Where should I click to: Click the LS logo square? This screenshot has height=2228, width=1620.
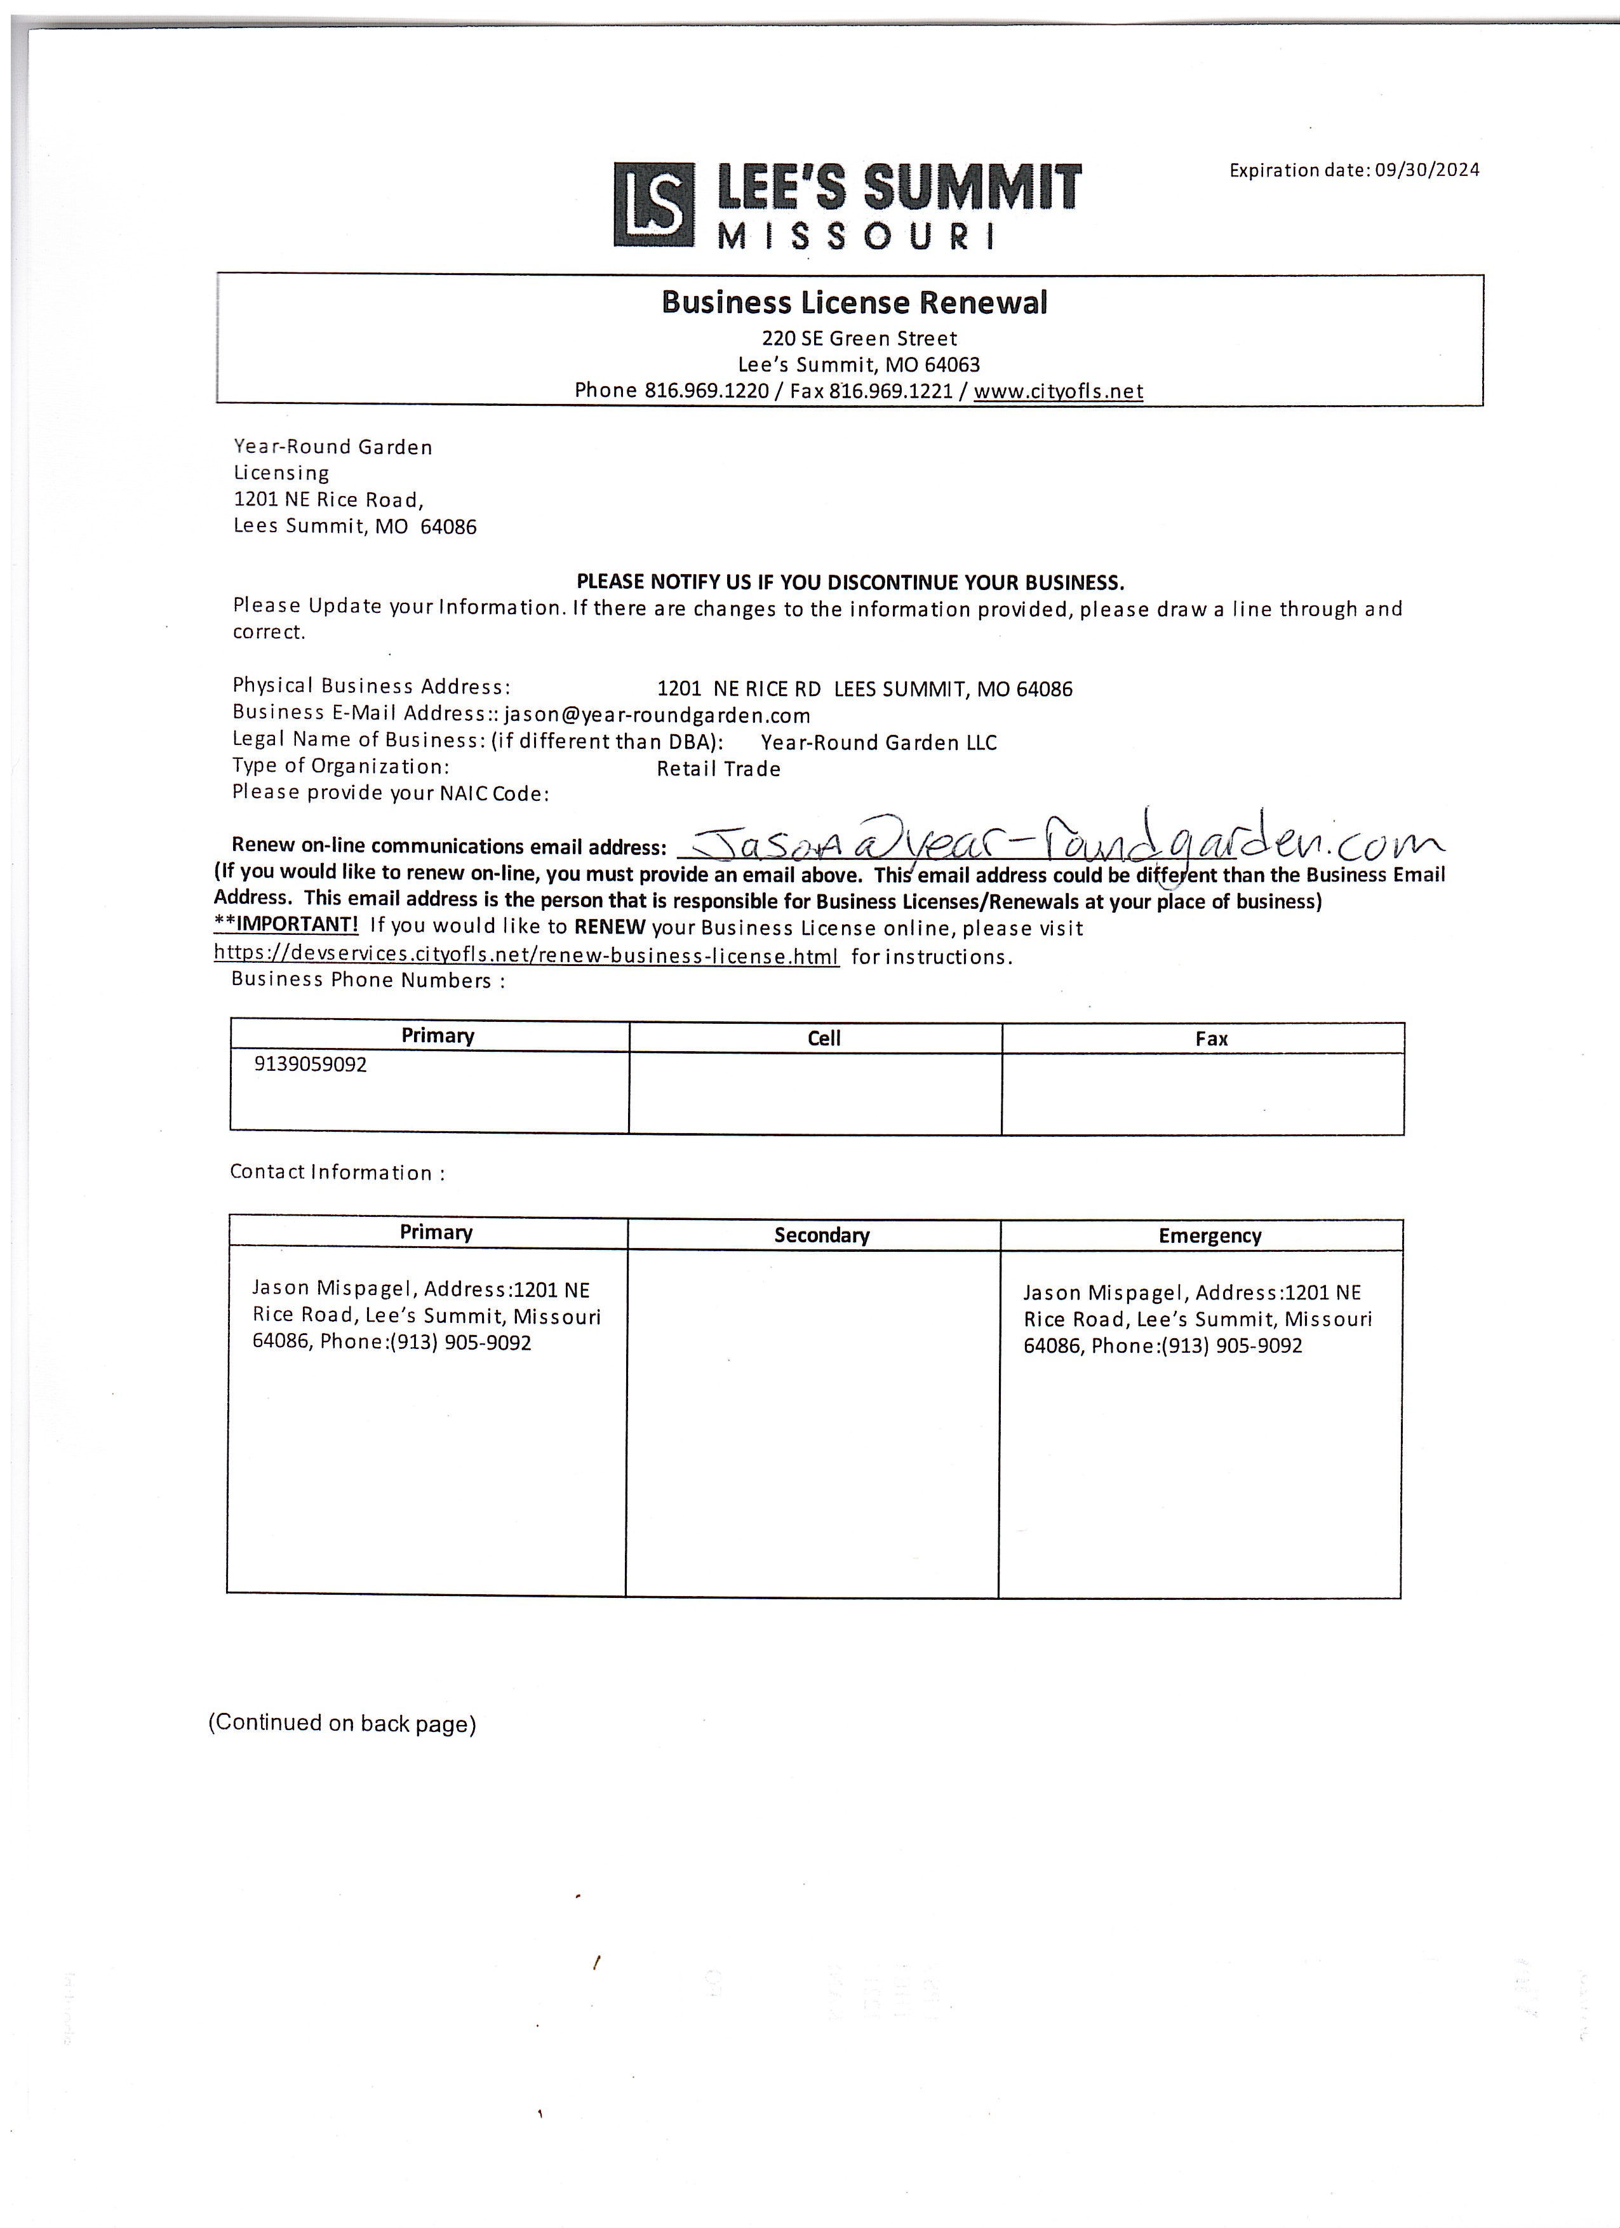tap(652, 205)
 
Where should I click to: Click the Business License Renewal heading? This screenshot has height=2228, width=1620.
tap(854, 302)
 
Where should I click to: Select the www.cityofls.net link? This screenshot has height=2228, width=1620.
tap(1058, 391)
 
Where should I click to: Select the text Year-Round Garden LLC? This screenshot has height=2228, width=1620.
tap(878, 742)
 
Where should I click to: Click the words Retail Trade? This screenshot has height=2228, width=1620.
tap(718, 769)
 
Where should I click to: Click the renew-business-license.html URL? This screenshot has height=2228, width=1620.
tap(526, 955)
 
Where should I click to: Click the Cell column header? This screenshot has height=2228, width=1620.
tap(823, 1038)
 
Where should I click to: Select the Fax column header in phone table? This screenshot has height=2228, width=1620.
tap(1210, 1038)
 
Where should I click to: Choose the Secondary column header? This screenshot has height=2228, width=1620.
tap(821, 1235)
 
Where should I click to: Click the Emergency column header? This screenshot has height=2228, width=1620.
tap(1209, 1236)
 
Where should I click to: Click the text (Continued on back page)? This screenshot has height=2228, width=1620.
tap(342, 1723)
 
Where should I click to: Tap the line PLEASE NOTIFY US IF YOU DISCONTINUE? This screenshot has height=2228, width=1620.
tap(850, 582)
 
